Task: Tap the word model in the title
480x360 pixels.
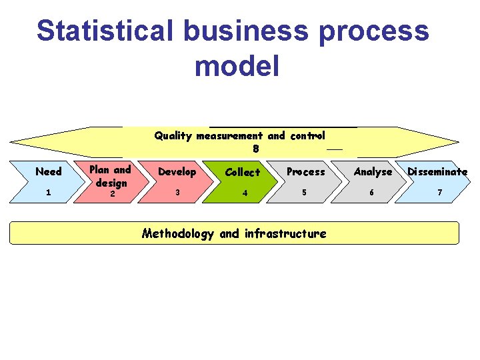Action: (x=237, y=66)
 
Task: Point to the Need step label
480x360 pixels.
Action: (x=48, y=171)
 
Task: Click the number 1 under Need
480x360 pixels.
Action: (x=48, y=193)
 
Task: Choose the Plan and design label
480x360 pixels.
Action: (x=111, y=175)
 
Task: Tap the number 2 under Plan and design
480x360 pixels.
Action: (x=112, y=194)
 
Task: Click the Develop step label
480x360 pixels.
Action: (x=177, y=171)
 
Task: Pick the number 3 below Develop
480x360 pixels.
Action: (x=177, y=192)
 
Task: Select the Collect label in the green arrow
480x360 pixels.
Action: (x=243, y=172)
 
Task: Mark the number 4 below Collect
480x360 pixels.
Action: (x=245, y=193)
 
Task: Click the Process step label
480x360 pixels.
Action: (x=305, y=171)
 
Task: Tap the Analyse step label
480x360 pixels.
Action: (x=373, y=172)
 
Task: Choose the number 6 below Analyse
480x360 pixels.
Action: (x=373, y=193)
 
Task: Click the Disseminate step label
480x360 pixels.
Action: (x=437, y=171)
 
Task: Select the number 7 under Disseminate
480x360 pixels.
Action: (x=439, y=193)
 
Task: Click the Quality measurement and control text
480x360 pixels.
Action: (x=239, y=135)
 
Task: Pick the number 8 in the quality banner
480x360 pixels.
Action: (x=256, y=149)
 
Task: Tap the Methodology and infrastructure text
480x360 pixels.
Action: (x=234, y=233)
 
